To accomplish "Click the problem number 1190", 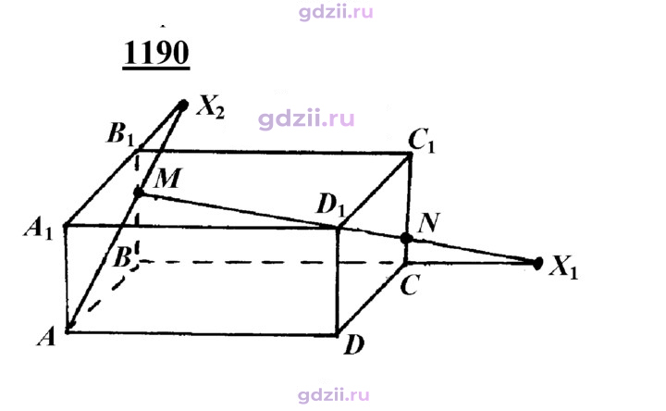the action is [x=156, y=53].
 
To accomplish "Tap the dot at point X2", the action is [x=183, y=105].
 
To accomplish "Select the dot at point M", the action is [x=139, y=193].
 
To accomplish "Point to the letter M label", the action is [x=167, y=178].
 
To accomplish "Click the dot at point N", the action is [x=406, y=239].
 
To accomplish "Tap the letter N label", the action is [x=428, y=223].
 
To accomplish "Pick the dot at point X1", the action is [x=537, y=263].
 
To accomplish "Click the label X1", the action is [x=563, y=268].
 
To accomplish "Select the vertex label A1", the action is [x=38, y=230].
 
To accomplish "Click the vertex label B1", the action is [x=120, y=134].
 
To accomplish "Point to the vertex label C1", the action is [x=422, y=141].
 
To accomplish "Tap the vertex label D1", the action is [x=330, y=206].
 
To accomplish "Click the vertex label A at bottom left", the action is [x=46, y=338].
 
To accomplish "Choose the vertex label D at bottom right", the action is [x=354, y=345].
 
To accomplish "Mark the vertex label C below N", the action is [x=411, y=285].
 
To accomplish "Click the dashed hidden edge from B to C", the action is [x=272, y=262].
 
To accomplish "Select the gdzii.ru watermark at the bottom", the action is [x=334, y=395].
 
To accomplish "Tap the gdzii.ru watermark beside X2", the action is [x=306, y=119].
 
